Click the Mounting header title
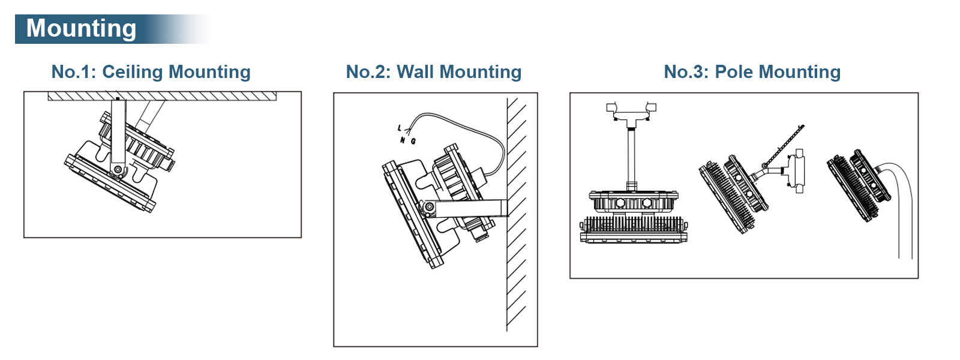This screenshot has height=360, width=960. (x=82, y=29)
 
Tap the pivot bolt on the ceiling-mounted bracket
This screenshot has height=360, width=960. (x=117, y=170)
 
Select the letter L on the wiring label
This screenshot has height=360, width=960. (x=399, y=128)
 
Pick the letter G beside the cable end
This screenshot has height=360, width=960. (x=413, y=142)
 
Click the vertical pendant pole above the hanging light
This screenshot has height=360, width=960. (x=631, y=156)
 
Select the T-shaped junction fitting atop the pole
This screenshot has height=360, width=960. (x=631, y=114)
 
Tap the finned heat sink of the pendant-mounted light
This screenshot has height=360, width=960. (x=633, y=224)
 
